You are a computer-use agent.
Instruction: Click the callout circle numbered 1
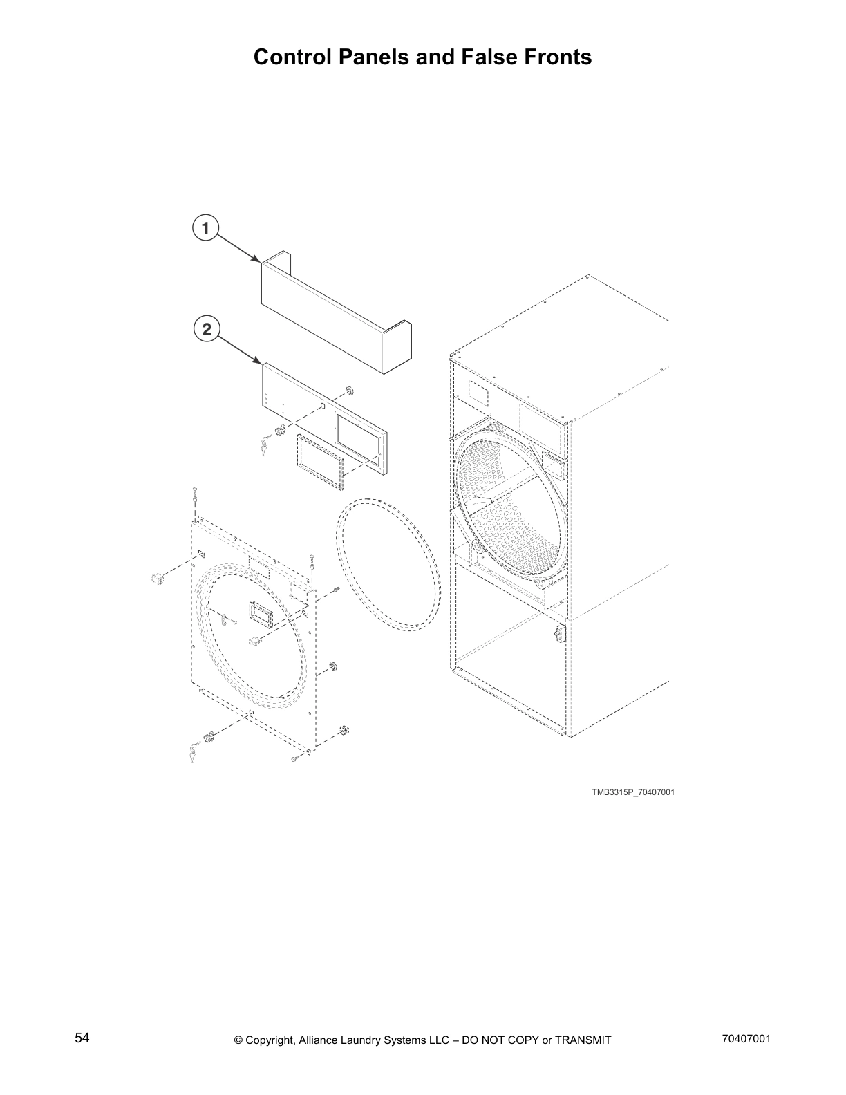[205, 227]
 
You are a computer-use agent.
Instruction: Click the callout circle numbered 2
[205, 329]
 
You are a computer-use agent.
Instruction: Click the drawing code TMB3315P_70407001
[632, 792]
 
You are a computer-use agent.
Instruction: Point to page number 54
[82, 1038]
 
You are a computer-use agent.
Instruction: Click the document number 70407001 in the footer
[744, 1038]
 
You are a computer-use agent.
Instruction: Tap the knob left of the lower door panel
[157, 578]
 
